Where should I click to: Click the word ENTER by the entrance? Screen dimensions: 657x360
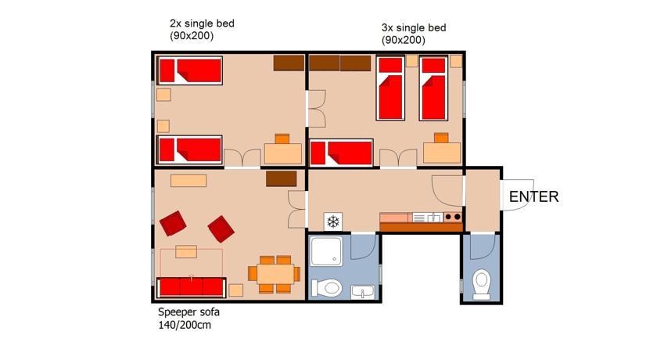533,196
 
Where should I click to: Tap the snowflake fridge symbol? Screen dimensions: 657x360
333,221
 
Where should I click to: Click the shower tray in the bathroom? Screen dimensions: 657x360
326,251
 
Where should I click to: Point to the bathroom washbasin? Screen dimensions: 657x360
363,292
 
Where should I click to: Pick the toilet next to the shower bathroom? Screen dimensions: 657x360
327,288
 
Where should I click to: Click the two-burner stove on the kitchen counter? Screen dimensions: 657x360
453,217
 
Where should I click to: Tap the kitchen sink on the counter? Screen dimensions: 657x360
428,218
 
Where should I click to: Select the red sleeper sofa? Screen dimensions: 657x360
192,287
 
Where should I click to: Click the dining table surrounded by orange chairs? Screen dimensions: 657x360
275,274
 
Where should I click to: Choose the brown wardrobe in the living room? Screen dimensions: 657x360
281,178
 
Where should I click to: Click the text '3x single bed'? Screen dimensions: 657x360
414,28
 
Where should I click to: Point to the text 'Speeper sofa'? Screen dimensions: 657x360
188,311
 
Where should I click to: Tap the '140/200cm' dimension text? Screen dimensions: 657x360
185,325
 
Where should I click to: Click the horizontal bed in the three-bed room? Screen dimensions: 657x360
341,153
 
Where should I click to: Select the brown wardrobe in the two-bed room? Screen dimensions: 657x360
289,63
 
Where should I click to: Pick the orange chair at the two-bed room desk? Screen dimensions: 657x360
282,139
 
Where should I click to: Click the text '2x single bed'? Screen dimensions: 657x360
202,23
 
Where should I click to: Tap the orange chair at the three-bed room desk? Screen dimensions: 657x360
441,138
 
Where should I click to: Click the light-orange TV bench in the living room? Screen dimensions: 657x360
188,181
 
